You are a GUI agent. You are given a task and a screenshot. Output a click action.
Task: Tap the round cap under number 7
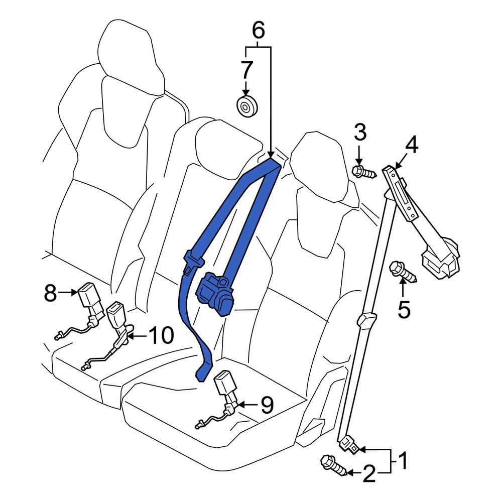[246, 106]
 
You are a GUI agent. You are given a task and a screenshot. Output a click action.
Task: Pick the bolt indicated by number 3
[364, 172]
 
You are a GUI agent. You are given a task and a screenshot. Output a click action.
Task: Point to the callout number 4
[411, 145]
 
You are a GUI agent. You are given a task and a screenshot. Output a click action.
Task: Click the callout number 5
[404, 309]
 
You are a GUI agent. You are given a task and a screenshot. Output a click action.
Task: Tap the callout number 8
[50, 293]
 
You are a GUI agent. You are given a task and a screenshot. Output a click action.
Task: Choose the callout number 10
[162, 335]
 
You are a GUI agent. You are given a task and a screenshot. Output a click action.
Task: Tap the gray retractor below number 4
[441, 255]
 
